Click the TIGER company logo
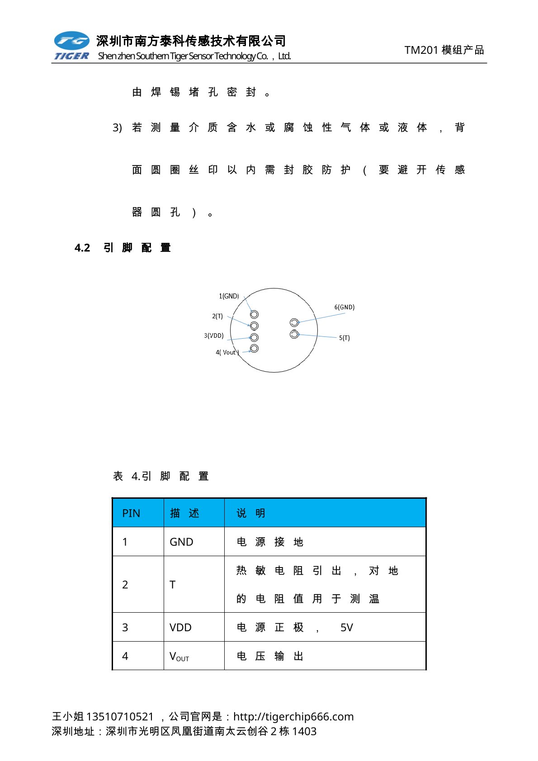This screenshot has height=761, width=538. click(71, 46)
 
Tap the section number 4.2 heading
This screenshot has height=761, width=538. click(82, 248)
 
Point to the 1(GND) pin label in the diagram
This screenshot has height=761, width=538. click(229, 296)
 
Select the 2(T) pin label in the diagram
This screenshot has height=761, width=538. click(217, 316)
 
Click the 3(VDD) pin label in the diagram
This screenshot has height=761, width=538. click(214, 336)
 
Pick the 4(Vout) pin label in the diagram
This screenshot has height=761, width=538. click(227, 352)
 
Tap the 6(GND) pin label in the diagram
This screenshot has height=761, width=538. click(345, 307)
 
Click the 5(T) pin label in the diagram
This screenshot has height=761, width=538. click(345, 338)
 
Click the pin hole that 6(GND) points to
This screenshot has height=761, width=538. click(294, 322)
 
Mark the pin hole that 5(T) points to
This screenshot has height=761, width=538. click(294, 334)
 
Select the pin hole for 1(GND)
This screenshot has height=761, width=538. click(254, 314)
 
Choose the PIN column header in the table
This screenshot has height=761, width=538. click(131, 513)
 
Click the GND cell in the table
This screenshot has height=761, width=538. click(181, 542)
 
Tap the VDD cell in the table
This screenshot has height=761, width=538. click(180, 627)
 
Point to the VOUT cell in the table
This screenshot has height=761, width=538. click(179, 656)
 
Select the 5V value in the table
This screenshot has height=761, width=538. click(346, 627)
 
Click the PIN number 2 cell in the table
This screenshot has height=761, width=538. click(125, 585)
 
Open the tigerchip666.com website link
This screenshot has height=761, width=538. click(293, 716)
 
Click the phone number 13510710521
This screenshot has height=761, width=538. click(120, 716)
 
